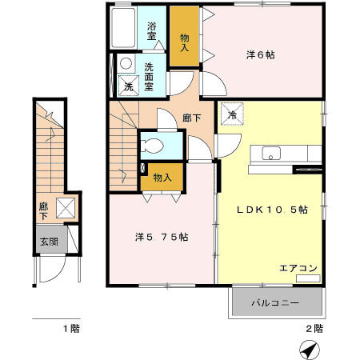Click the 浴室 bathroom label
click(151, 31)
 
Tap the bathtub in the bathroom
click(123, 27)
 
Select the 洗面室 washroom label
click(149, 77)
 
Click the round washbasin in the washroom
click(126, 63)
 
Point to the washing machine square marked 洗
click(129, 86)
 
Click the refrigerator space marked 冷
click(232, 114)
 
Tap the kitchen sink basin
click(271, 154)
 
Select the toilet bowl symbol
click(152, 146)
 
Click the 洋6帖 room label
click(261, 55)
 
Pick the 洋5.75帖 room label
click(162, 237)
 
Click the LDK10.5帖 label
click(272, 210)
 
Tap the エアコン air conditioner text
click(298, 268)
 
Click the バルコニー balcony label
click(275, 303)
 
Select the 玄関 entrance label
click(49, 242)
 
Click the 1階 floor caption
click(71, 328)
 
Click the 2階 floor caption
click(314, 328)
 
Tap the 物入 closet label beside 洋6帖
click(184, 42)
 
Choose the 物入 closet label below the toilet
click(162, 178)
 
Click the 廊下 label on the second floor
click(192, 118)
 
